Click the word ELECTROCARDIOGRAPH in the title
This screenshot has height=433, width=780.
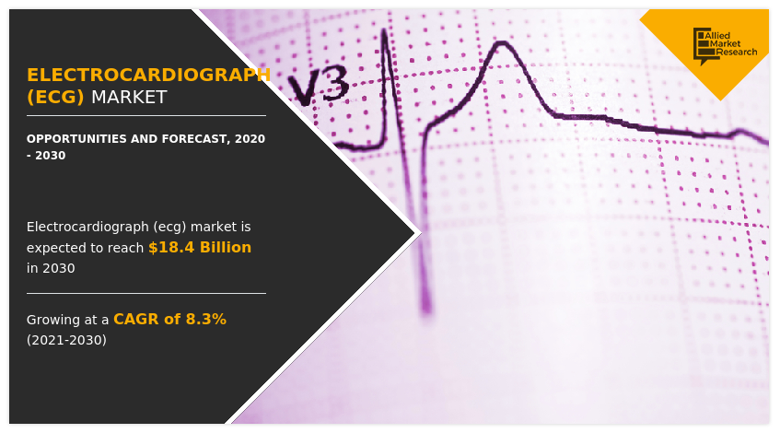tap(148, 75)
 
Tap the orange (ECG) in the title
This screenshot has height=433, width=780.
tap(55, 97)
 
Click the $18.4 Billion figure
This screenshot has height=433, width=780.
tap(200, 247)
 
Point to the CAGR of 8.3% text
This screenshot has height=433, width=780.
tap(169, 319)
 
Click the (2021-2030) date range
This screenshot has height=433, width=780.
tap(66, 340)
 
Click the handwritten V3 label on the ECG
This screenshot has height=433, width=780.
tap(318, 88)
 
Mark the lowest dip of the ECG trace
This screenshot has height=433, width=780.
tap(425, 304)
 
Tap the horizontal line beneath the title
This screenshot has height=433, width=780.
tap(146, 116)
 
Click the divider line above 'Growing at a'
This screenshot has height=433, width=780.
tap(146, 293)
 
